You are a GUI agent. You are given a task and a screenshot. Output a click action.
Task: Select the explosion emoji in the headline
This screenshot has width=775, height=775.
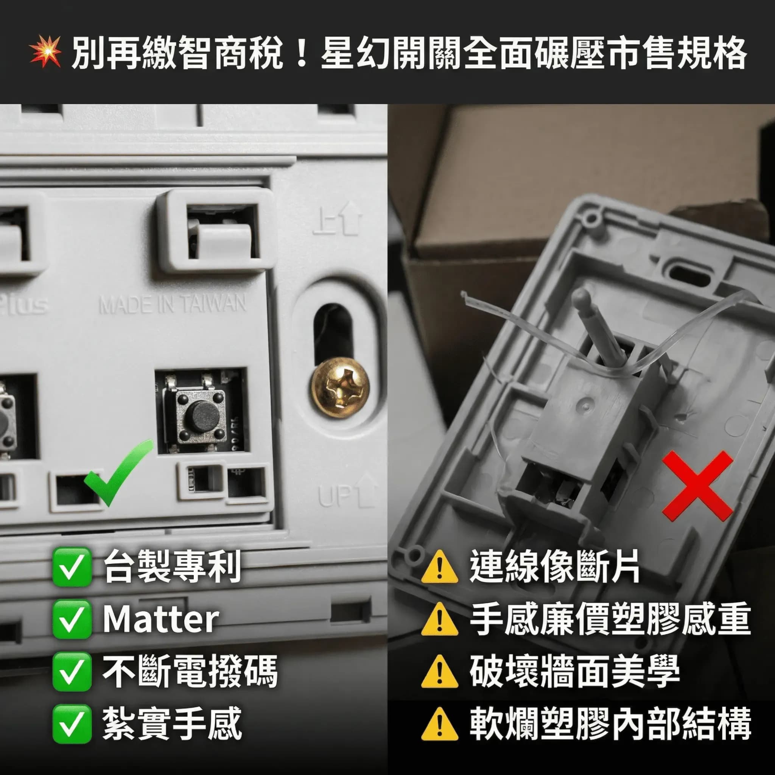45,52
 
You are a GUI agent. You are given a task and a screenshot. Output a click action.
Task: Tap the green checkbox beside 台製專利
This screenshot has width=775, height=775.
72,567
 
